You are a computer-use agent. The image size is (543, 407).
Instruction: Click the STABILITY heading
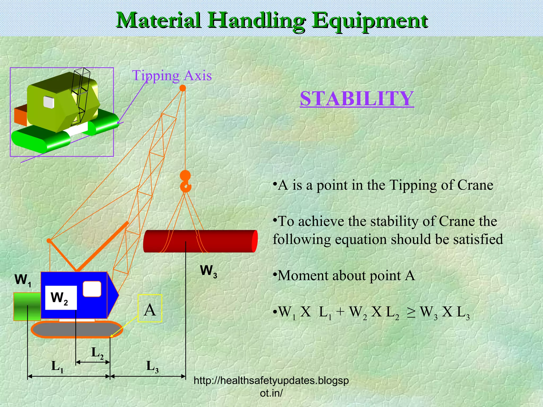[x=357, y=99]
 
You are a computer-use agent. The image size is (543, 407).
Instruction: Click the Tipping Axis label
[x=172, y=76]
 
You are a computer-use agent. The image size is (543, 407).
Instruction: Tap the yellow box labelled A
[x=150, y=308]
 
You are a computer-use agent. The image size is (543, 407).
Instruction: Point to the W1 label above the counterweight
[x=23, y=280]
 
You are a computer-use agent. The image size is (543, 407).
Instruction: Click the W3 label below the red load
[x=208, y=271]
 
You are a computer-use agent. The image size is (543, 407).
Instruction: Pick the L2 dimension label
[x=97, y=353]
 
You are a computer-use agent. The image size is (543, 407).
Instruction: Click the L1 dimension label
[x=57, y=367]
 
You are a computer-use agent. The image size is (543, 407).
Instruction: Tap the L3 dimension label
[x=152, y=367]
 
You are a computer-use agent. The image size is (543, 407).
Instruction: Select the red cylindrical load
[x=200, y=241]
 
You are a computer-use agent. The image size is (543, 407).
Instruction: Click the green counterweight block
[x=27, y=306]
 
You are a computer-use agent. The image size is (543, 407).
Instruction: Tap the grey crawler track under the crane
[x=77, y=329]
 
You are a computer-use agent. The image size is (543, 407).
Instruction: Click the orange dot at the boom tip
[x=183, y=88]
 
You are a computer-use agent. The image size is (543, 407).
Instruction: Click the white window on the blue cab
[x=92, y=289]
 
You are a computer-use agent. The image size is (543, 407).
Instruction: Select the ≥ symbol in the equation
[x=411, y=313]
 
